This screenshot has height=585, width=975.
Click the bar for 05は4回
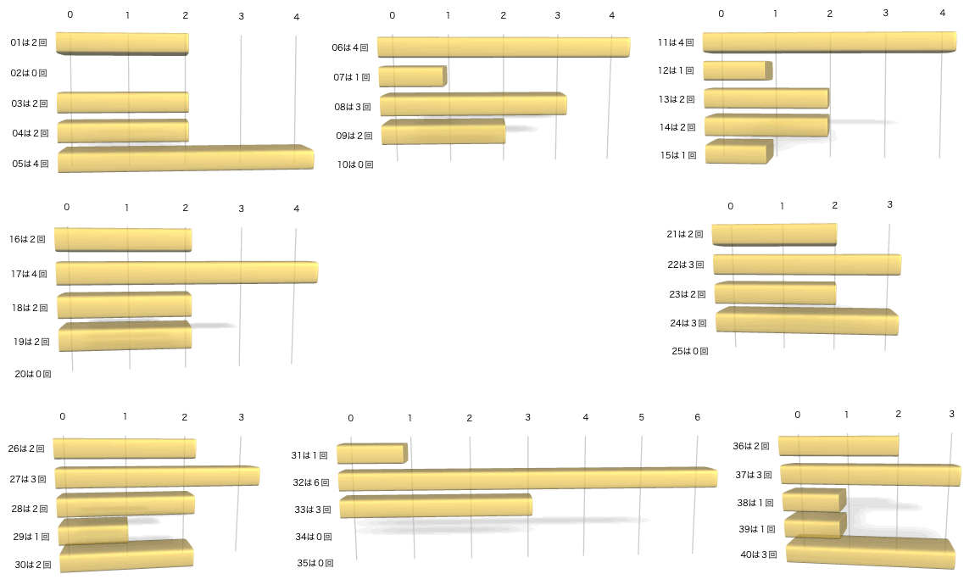(186, 159)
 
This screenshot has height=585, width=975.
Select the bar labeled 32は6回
(527, 480)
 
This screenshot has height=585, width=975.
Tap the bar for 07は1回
(412, 77)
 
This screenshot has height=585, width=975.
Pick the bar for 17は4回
(187, 273)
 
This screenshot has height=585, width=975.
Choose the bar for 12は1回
(738, 70)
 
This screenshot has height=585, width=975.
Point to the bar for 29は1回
(93, 532)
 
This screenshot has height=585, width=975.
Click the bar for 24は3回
(807, 322)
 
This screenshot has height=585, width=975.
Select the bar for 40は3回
(870, 553)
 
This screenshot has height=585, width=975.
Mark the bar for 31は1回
(372, 454)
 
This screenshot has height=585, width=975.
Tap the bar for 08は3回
(473, 105)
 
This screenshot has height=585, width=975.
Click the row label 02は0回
(29, 73)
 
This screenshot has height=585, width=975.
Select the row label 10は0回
(355, 164)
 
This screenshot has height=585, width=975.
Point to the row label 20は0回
(33, 373)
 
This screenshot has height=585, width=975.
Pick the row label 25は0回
(689, 350)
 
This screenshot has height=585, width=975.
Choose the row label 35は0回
(315, 562)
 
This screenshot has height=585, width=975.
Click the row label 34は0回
(314, 537)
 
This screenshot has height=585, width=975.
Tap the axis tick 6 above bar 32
(697, 417)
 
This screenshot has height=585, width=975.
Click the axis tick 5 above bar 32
(641, 417)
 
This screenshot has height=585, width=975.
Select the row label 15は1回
(677, 155)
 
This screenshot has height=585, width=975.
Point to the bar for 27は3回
(157, 477)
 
